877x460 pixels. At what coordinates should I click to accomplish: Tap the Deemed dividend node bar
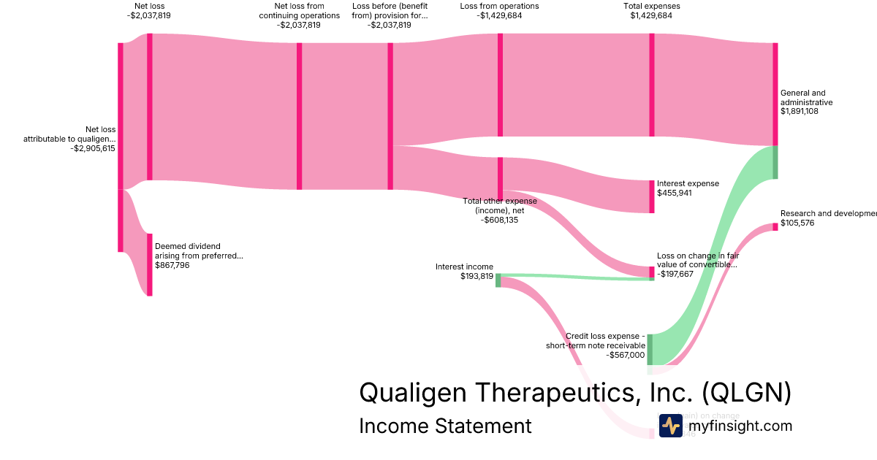[150, 264]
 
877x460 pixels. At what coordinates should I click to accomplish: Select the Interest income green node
[498, 280]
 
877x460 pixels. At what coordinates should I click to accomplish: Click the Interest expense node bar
[652, 196]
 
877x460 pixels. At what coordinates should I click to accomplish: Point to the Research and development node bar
[775, 226]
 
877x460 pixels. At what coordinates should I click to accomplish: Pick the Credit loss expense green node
[650, 349]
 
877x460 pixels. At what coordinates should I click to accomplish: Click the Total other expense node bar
[500, 177]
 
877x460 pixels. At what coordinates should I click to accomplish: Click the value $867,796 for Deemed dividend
[173, 265]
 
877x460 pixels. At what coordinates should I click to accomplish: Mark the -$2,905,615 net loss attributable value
[93, 148]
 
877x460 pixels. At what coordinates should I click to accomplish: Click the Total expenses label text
[651, 6]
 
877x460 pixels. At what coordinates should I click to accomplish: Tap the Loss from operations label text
[500, 6]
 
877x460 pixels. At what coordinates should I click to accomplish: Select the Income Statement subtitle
[445, 426]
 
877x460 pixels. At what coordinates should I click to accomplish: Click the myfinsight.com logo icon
[670, 426]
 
